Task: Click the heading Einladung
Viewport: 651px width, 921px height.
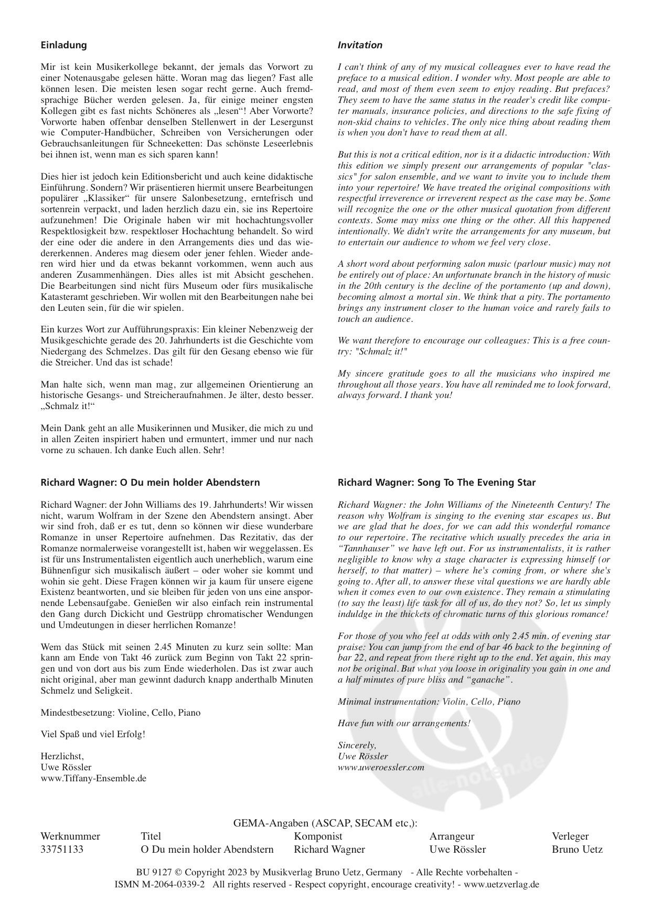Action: click(x=63, y=45)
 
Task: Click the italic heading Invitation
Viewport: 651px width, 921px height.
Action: click(x=360, y=45)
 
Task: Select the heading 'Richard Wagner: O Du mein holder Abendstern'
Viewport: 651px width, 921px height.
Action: click(x=150, y=482)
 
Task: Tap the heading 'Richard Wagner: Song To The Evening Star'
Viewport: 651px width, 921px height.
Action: click(x=436, y=482)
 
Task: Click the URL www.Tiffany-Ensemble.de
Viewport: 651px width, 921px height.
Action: click(x=93, y=778)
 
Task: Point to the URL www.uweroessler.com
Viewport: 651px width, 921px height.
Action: click(x=381, y=767)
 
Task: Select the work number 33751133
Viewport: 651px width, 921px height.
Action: click(x=62, y=849)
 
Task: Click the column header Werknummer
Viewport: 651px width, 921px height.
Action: click(x=70, y=836)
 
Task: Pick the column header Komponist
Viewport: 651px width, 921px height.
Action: click(x=318, y=836)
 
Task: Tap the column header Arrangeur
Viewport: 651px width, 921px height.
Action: click(x=452, y=836)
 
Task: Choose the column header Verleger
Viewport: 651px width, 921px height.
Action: click(x=570, y=836)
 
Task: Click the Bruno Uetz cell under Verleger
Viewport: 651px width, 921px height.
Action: click(x=577, y=849)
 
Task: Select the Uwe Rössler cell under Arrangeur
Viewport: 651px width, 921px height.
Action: click(x=457, y=849)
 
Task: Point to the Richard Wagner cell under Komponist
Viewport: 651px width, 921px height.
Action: click(x=329, y=849)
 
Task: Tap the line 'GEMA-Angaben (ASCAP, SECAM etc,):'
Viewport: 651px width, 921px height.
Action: click(x=325, y=823)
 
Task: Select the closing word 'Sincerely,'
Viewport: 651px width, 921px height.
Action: click(x=357, y=745)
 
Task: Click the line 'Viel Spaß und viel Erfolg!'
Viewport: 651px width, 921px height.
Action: click(x=93, y=734)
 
